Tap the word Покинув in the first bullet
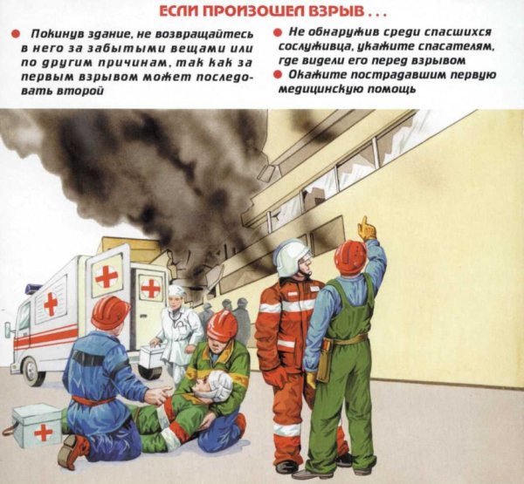pyautogui.click(x=51, y=33)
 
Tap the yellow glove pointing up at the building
pyautogui.click(x=367, y=228)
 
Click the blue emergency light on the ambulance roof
pyautogui.click(x=33, y=289)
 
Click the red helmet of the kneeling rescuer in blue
pyautogui.click(x=110, y=311)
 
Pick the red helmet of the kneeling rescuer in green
pyautogui.click(x=222, y=324)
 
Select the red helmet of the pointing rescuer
pyautogui.click(x=350, y=256)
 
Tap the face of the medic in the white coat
pyautogui.click(x=177, y=299)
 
